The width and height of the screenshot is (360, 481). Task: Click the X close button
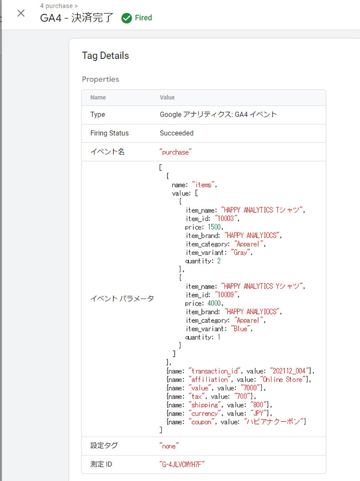tap(21, 13)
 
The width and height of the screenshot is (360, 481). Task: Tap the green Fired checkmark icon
tap(127, 18)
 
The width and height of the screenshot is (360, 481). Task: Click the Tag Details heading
tap(105, 56)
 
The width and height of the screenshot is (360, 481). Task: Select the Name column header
tap(98, 97)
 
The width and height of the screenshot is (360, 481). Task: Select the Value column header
tap(167, 97)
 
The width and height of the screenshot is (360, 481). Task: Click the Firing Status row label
tap(109, 133)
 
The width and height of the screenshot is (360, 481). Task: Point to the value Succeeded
tap(176, 133)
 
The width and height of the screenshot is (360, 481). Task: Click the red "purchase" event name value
tap(175, 152)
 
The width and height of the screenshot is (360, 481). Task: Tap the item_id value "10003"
tap(227, 219)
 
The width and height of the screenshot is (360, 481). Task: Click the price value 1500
tap(214, 227)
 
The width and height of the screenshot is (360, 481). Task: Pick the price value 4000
tap(214, 303)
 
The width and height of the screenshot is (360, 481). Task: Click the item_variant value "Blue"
tap(240, 329)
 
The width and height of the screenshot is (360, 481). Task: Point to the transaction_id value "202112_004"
tap(289, 371)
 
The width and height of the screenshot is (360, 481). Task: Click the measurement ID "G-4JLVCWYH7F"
tap(182, 464)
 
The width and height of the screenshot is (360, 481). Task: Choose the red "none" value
tap(169, 446)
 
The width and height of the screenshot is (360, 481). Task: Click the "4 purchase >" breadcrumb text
tap(59, 6)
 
